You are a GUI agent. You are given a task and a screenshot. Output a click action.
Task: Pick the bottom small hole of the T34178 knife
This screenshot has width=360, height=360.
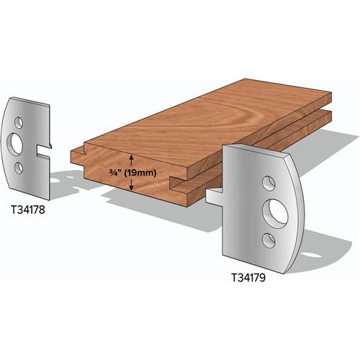[x=19, y=167]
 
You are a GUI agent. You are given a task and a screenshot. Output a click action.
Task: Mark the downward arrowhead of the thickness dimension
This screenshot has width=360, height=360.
[x=130, y=188]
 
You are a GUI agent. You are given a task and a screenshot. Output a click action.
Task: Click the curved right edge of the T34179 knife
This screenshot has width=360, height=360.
[x=302, y=202]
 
